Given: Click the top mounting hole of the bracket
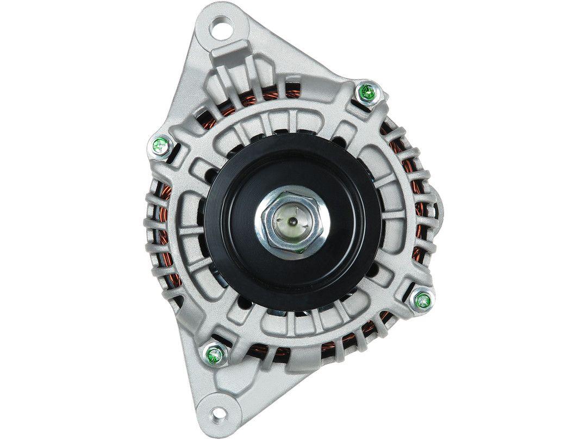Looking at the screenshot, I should click(223, 24).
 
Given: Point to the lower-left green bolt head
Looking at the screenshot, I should click(214, 355).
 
